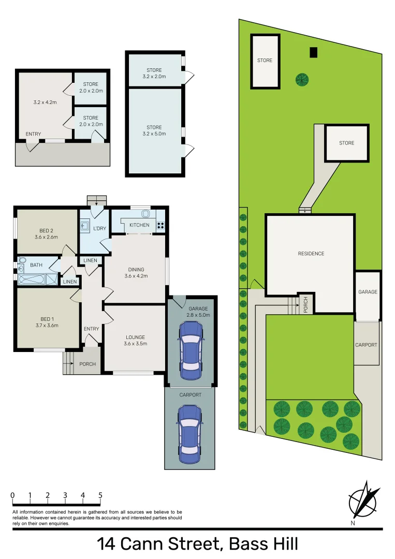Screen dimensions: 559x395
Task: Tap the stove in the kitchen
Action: pyautogui.click(x=160, y=225)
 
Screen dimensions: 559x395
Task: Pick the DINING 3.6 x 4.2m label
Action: pyautogui.click(x=136, y=273)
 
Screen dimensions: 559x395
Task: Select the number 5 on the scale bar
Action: pyautogui.click(x=100, y=495)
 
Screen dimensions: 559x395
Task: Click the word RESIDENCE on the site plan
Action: pyautogui.click(x=311, y=254)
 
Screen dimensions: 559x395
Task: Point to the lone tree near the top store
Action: pyautogui.click(x=302, y=79)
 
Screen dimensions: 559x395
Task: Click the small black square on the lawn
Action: pyautogui.click(x=313, y=52)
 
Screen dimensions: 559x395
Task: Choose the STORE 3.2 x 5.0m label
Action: pyautogui.click(x=154, y=130)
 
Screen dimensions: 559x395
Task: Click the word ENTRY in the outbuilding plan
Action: pyautogui.click(x=33, y=135)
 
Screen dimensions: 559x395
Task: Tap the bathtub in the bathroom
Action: pyautogui.click(x=32, y=280)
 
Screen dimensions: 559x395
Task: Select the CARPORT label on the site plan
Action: pyautogui.click(x=366, y=345)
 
